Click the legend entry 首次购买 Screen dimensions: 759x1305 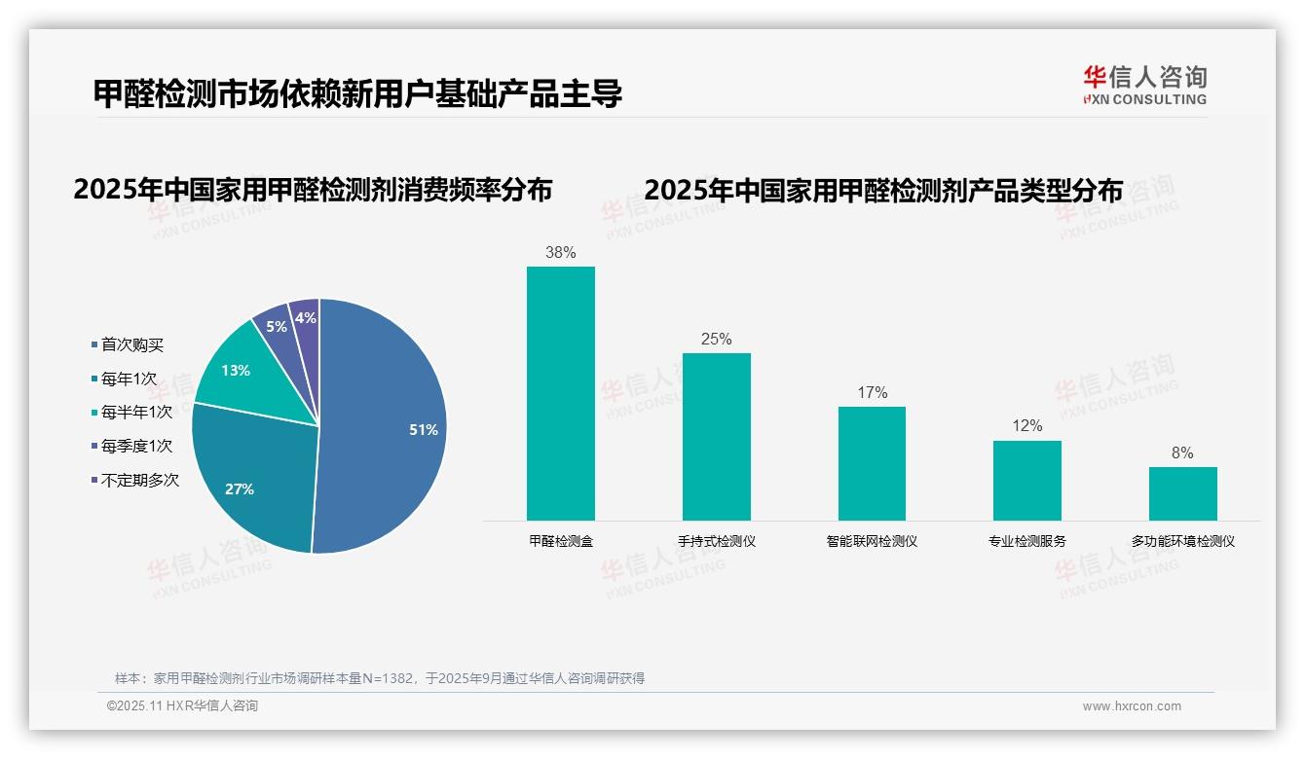131,344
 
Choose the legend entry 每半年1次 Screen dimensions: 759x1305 136,413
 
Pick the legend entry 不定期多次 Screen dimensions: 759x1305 139,480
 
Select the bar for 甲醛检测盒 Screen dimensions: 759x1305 561,393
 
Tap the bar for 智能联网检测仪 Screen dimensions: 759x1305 872,463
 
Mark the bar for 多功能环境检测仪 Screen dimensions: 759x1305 1182,493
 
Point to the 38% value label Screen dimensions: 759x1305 561,253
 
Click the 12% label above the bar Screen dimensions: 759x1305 1027,426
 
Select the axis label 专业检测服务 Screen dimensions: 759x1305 1026,541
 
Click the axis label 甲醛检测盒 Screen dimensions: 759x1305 561,541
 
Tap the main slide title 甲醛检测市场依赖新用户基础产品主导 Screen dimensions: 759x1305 357,94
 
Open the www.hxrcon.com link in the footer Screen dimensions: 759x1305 1132,706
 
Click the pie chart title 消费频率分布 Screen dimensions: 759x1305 313,189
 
